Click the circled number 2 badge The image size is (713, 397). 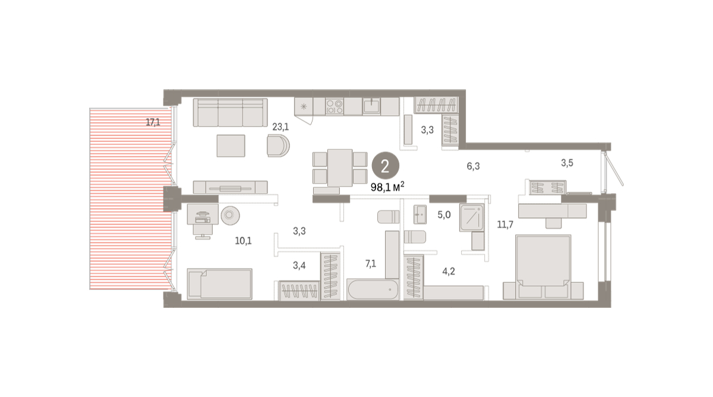(x=385, y=166)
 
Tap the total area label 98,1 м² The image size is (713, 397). (x=387, y=187)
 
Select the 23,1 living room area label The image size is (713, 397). (x=280, y=127)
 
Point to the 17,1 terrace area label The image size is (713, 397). (x=153, y=122)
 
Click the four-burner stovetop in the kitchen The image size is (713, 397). (x=334, y=106)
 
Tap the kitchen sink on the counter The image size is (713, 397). (x=371, y=106)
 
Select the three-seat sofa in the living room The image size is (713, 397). (x=231, y=112)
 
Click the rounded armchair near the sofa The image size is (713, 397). (x=278, y=146)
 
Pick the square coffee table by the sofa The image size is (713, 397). (x=231, y=146)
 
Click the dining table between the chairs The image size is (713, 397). (x=340, y=168)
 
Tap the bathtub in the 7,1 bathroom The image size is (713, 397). (x=373, y=289)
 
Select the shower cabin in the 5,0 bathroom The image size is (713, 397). (x=472, y=218)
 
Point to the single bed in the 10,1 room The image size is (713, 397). (x=220, y=283)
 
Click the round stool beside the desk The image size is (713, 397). (x=230, y=215)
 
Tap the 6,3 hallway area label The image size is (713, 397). (x=473, y=166)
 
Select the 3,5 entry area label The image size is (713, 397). (x=567, y=163)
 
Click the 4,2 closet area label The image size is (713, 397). (x=449, y=271)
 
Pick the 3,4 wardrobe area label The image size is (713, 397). (x=299, y=265)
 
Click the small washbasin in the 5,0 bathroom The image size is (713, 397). (x=420, y=215)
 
